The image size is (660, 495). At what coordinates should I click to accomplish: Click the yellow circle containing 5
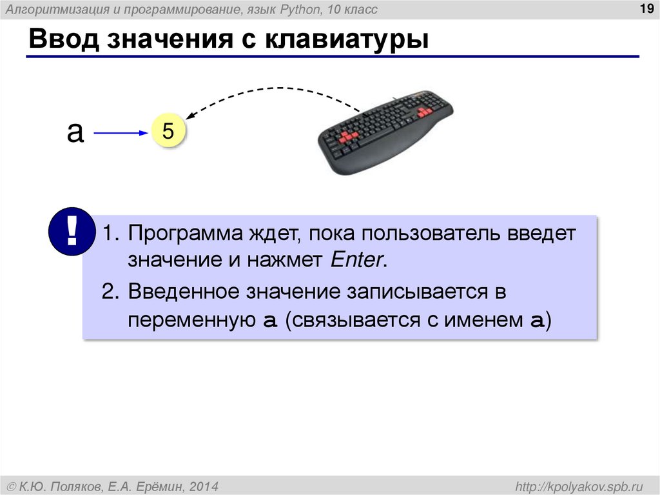tap(168, 132)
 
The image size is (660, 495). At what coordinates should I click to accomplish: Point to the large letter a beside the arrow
tap(75, 132)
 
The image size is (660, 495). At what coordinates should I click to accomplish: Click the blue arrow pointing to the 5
tap(121, 134)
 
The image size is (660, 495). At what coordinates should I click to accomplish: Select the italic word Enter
tap(357, 261)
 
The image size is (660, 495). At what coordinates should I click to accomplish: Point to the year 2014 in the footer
tap(204, 485)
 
